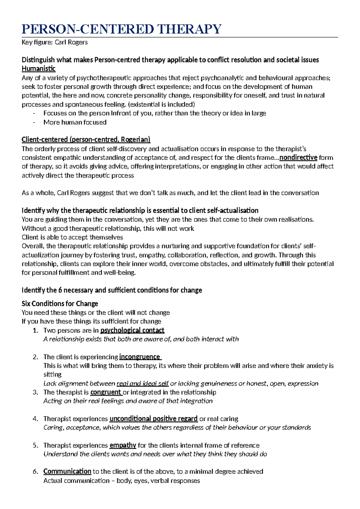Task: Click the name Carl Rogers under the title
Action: point(71,42)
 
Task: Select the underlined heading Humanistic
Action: point(38,69)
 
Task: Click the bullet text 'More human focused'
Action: point(75,122)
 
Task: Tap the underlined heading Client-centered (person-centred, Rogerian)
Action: point(86,140)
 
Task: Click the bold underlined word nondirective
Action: point(298,158)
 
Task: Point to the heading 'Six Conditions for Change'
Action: point(60,303)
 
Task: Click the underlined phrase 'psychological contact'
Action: point(132,330)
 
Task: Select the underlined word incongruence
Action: point(140,357)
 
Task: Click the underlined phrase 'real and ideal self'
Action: point(142,384)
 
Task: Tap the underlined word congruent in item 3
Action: point(106,392)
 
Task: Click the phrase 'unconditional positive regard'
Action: point(153,419)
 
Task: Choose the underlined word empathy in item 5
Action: point(123,445)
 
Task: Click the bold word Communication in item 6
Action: point(67,471)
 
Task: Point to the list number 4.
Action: point(35,419)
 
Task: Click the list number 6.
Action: point(35,471)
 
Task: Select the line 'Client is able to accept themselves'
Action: point(72,237)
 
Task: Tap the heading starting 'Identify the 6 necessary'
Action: point(112,290)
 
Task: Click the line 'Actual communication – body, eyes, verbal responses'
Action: point(121,481)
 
